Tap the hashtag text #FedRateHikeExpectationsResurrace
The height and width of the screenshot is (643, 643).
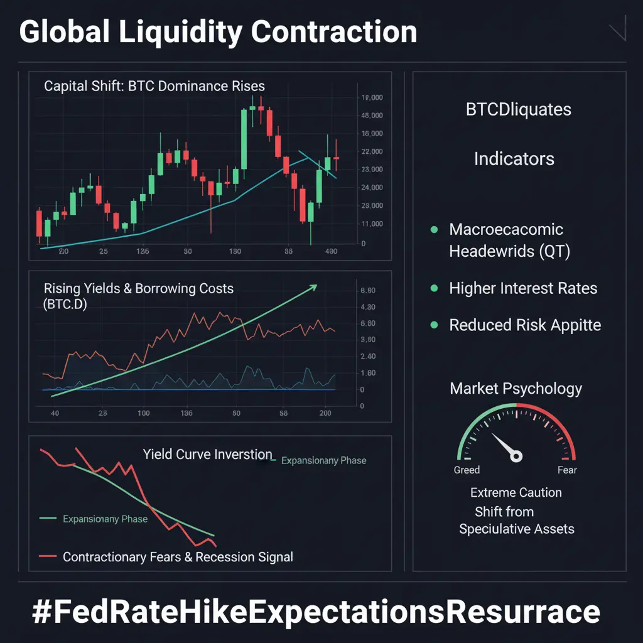click(x=316, y=611)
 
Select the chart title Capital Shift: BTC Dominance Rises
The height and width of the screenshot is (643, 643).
click(x=154, y=86)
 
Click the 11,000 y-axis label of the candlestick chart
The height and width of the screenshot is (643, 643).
click(x=370, y=224)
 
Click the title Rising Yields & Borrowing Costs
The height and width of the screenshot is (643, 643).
click(x=139, y=289)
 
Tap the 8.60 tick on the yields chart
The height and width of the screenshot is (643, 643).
click(x=365, y=291)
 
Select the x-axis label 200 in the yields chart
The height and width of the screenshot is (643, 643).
click(x=325, y=413)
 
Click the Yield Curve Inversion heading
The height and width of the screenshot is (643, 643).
click(x=208, y=454)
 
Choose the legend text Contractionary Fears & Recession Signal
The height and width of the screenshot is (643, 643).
click(x=178, y=557)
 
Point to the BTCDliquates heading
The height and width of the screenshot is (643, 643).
click(x=519, y=110)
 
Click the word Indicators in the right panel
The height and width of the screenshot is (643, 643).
click(x=514, y=158)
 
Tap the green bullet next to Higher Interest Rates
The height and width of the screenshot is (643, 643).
click(x=433, y=289)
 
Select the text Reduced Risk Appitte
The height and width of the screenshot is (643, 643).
click(x=525, y=325)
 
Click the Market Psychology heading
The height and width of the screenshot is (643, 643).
click(x=516, y=389)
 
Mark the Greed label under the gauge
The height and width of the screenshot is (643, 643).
click(x=467, y=470)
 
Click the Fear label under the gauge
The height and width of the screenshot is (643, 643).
click(x=567, y=470)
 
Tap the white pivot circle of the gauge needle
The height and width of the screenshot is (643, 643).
click(x=516, y=456)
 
